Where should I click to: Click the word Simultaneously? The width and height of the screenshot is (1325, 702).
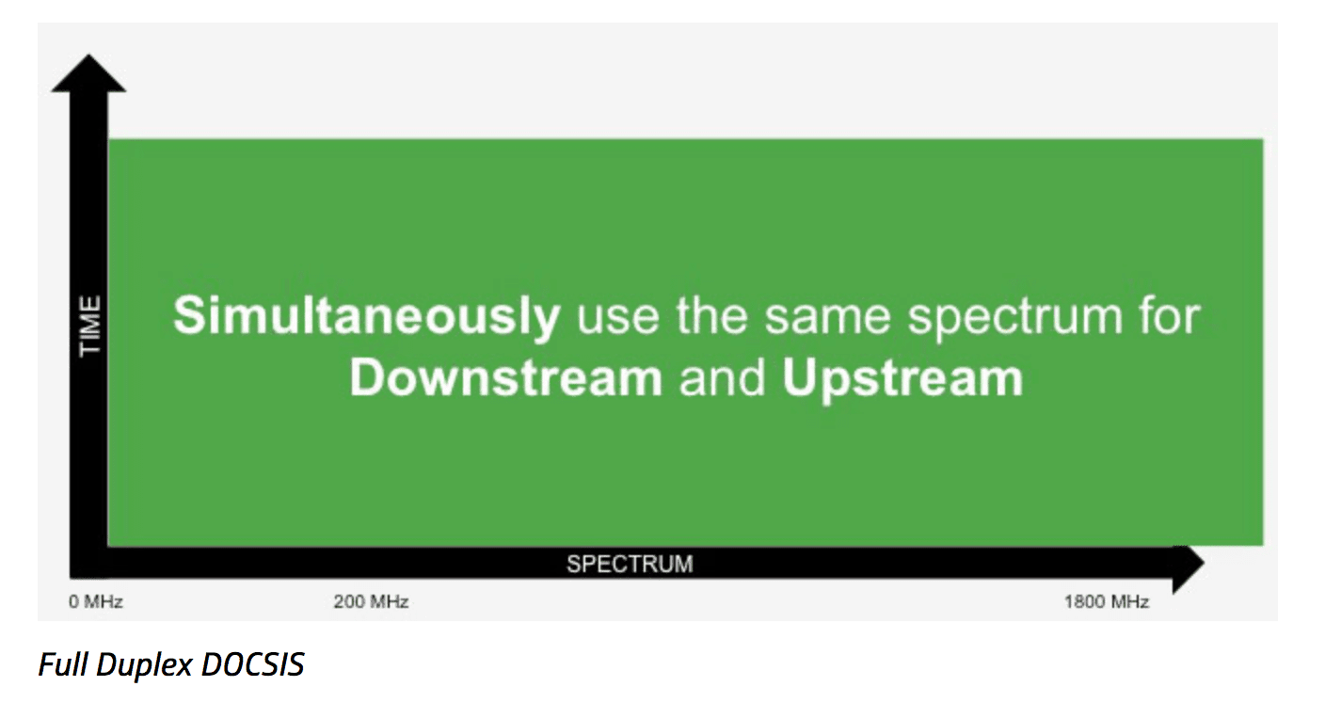[x=366, y=317]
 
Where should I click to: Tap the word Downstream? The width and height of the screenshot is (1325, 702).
[x=506, y=378]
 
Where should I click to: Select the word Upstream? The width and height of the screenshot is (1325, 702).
[x=902, y=378]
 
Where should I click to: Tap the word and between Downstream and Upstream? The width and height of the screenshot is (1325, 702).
[x=722, y=378]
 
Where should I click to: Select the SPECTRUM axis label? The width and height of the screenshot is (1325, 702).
[x=629, y=565]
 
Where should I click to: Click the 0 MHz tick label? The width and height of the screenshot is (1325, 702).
[x=96, y=602]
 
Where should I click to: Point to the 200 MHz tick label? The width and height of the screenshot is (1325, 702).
[x=371, y=602]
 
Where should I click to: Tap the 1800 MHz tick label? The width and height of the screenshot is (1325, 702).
[x=1107, y=602]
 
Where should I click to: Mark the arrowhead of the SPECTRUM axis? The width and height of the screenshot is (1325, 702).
[x=1187, y=564]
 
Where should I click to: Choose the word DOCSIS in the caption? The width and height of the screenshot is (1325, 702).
[x=253, y=665]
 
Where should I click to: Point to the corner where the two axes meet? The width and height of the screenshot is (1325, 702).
[x=89, y=563]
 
